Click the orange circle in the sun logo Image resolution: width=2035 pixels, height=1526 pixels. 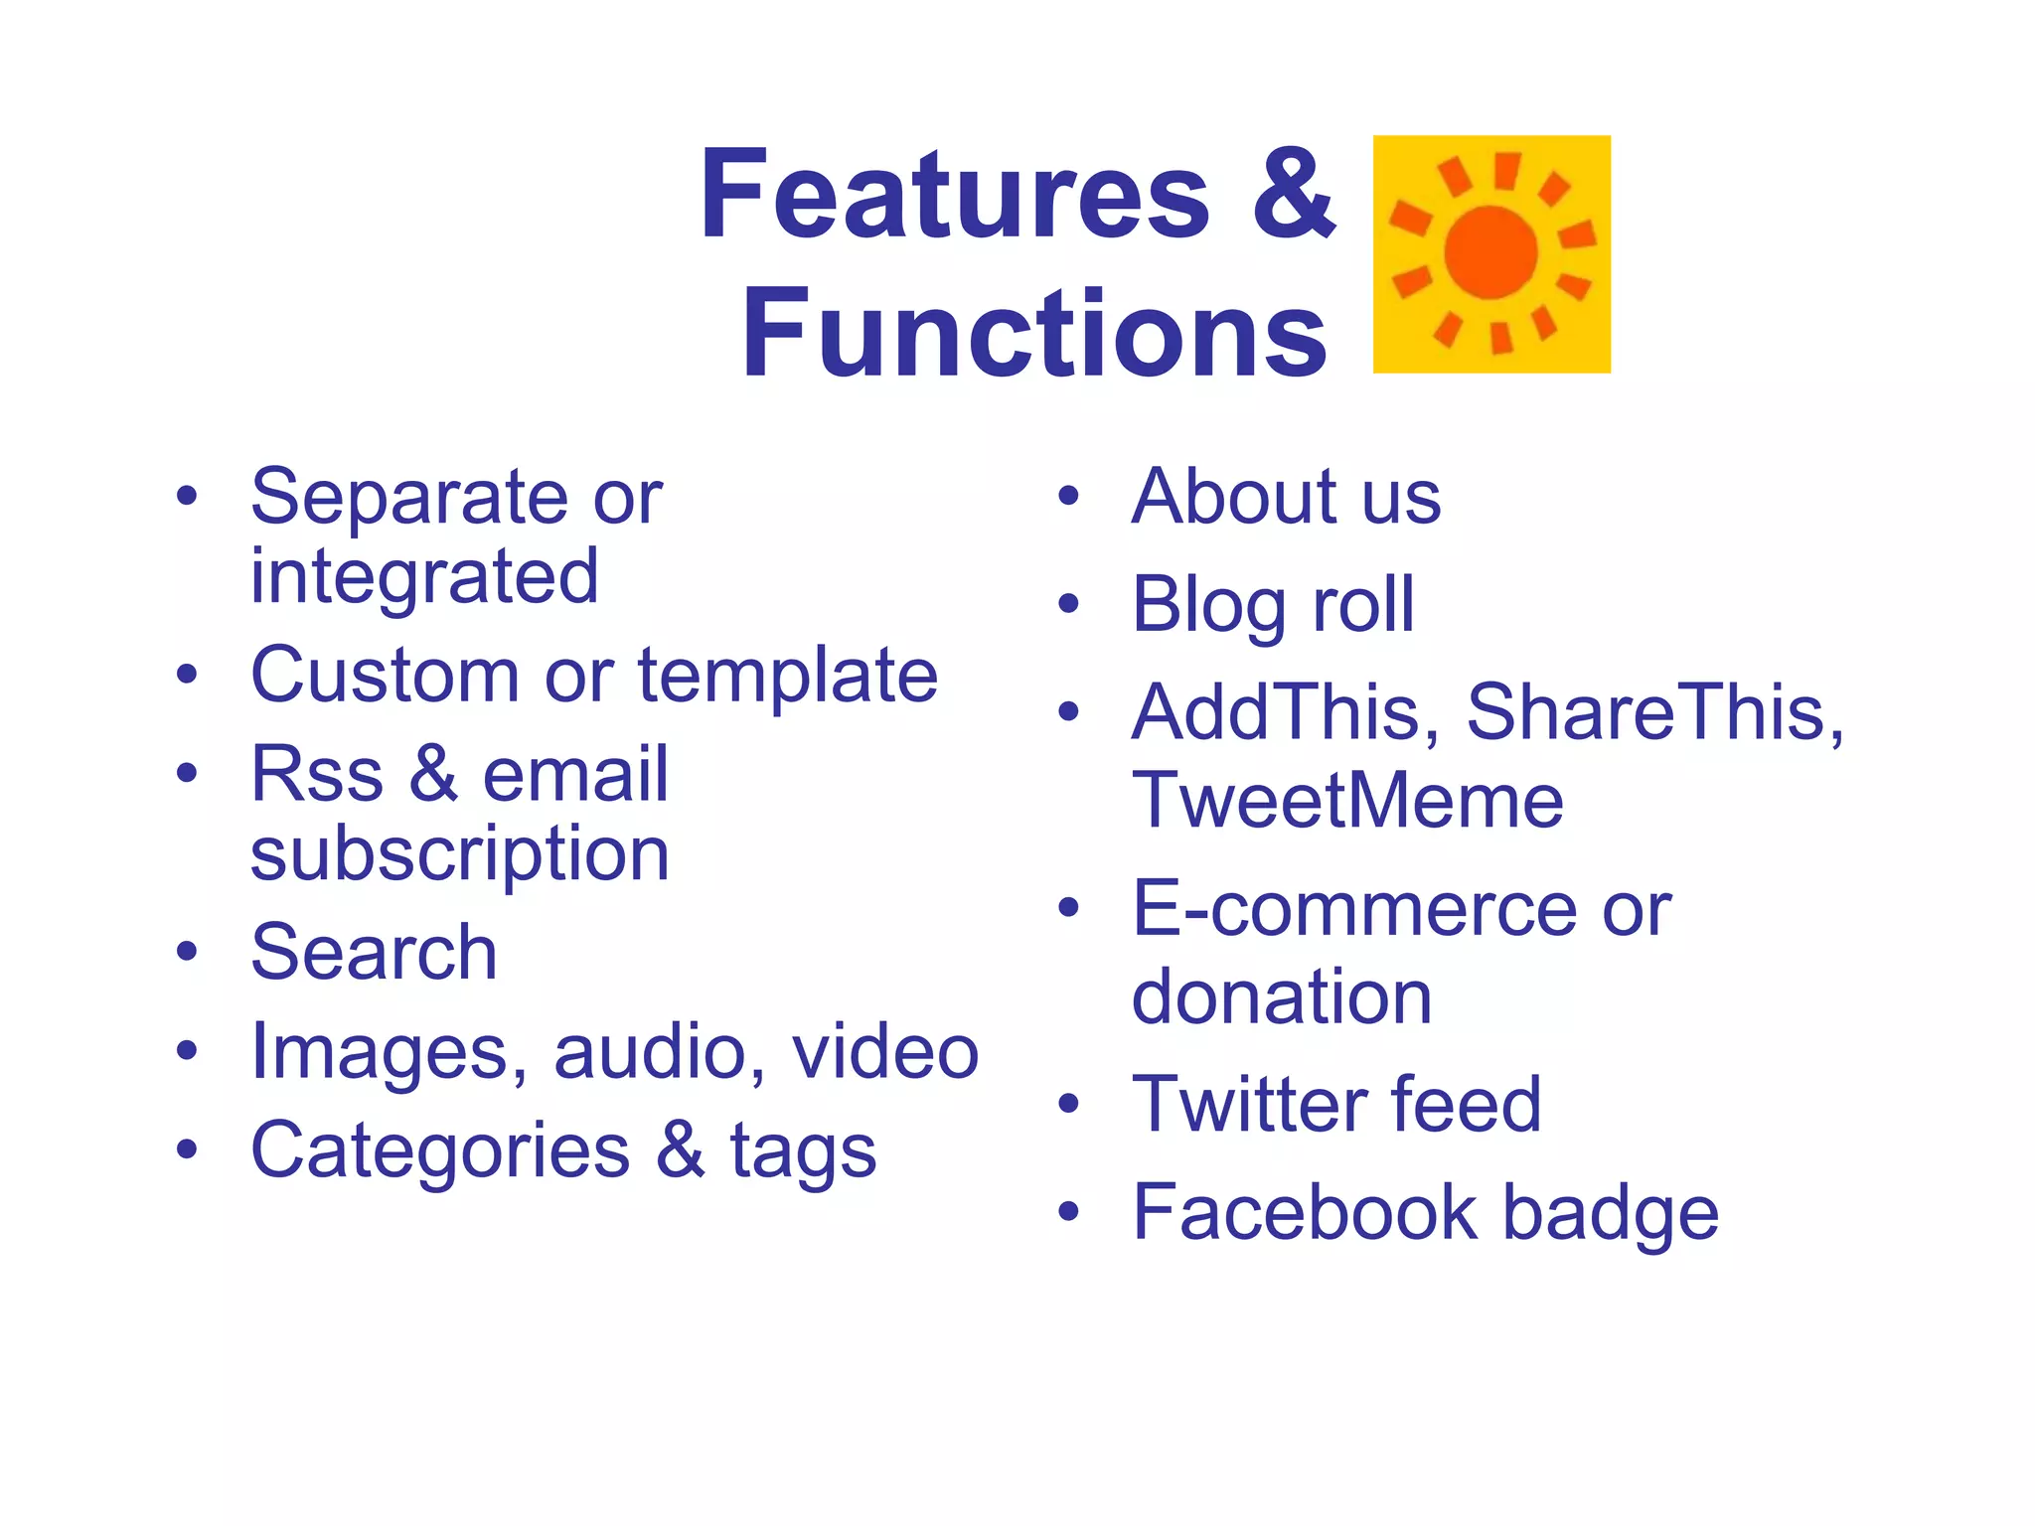[1490, 253]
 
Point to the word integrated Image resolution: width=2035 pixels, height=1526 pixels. [424, 576]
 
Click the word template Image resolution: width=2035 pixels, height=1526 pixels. [787, 676]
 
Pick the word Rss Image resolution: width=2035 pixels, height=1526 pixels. [317, 775]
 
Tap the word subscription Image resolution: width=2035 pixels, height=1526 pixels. [460, 854]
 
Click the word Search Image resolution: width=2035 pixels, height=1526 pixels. [374, 952]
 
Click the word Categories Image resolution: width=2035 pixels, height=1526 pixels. [440, 1150]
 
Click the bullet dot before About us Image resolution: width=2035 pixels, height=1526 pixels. [1068, 496]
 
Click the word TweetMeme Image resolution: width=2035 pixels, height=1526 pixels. [1347, 800]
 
